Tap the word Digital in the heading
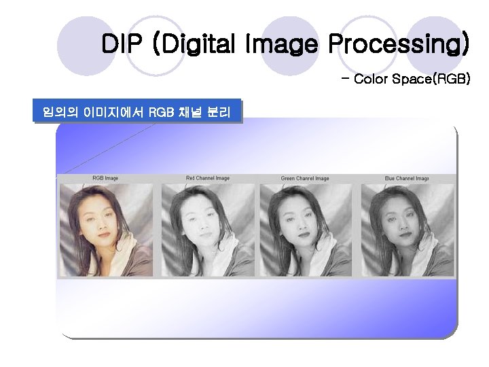point(194,45)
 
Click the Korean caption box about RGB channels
point(138,111)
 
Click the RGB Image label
point(105,178)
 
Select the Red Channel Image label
point(207,178)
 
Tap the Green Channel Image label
point(305,178)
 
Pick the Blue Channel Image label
point(406,178)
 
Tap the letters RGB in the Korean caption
point(160,111)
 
